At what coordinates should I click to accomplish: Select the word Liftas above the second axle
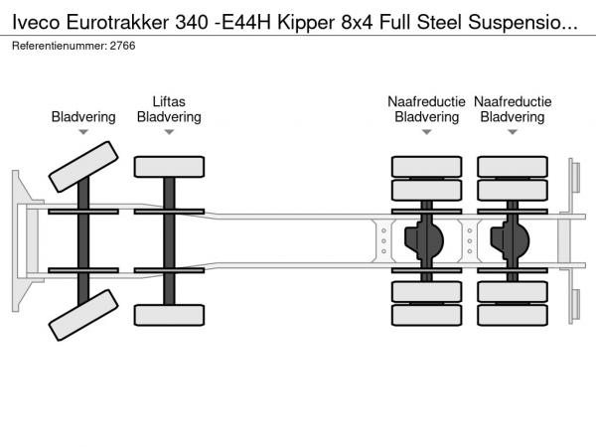pos(169,101)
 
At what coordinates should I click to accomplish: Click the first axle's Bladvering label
pos(83,117)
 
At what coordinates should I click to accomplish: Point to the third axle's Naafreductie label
pos(426,101)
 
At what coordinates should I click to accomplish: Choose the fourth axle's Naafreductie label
pos(513,101)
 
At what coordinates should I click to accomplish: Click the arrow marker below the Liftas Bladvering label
pos(169,132)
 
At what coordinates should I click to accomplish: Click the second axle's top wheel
pos(169,166)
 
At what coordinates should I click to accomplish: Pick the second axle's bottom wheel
pos(169,315)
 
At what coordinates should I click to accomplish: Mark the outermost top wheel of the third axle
pos(426,166)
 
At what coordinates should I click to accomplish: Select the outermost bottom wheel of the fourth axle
pos(513,315)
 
